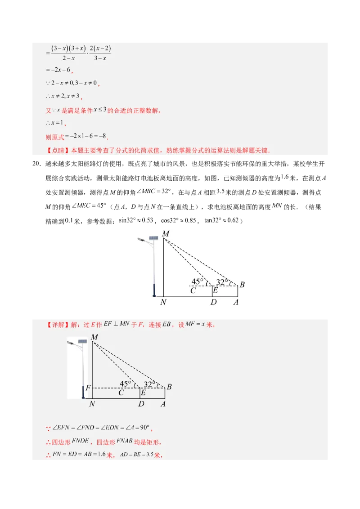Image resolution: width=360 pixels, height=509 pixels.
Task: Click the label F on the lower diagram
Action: coord(88,388)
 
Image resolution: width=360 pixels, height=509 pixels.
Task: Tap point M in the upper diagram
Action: coord(166,234)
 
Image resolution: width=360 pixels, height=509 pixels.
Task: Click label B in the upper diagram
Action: coord(242,285)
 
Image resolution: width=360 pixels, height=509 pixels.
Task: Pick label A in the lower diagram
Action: coord(163,404)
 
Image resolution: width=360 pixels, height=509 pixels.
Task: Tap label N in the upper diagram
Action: coord(163,302)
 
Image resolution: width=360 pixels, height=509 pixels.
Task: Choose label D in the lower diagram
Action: coord(141,404)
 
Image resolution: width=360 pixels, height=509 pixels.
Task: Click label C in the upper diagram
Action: coord(193,290)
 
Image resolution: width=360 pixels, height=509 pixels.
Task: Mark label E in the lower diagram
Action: coord(143,393)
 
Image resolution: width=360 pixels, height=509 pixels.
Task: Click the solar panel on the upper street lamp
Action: coord(153,237)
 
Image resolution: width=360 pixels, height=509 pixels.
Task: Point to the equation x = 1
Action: coord(57,123)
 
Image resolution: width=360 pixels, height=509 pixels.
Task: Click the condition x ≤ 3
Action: coord(100,110)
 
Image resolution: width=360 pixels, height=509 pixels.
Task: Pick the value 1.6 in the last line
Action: coord(100,454)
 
